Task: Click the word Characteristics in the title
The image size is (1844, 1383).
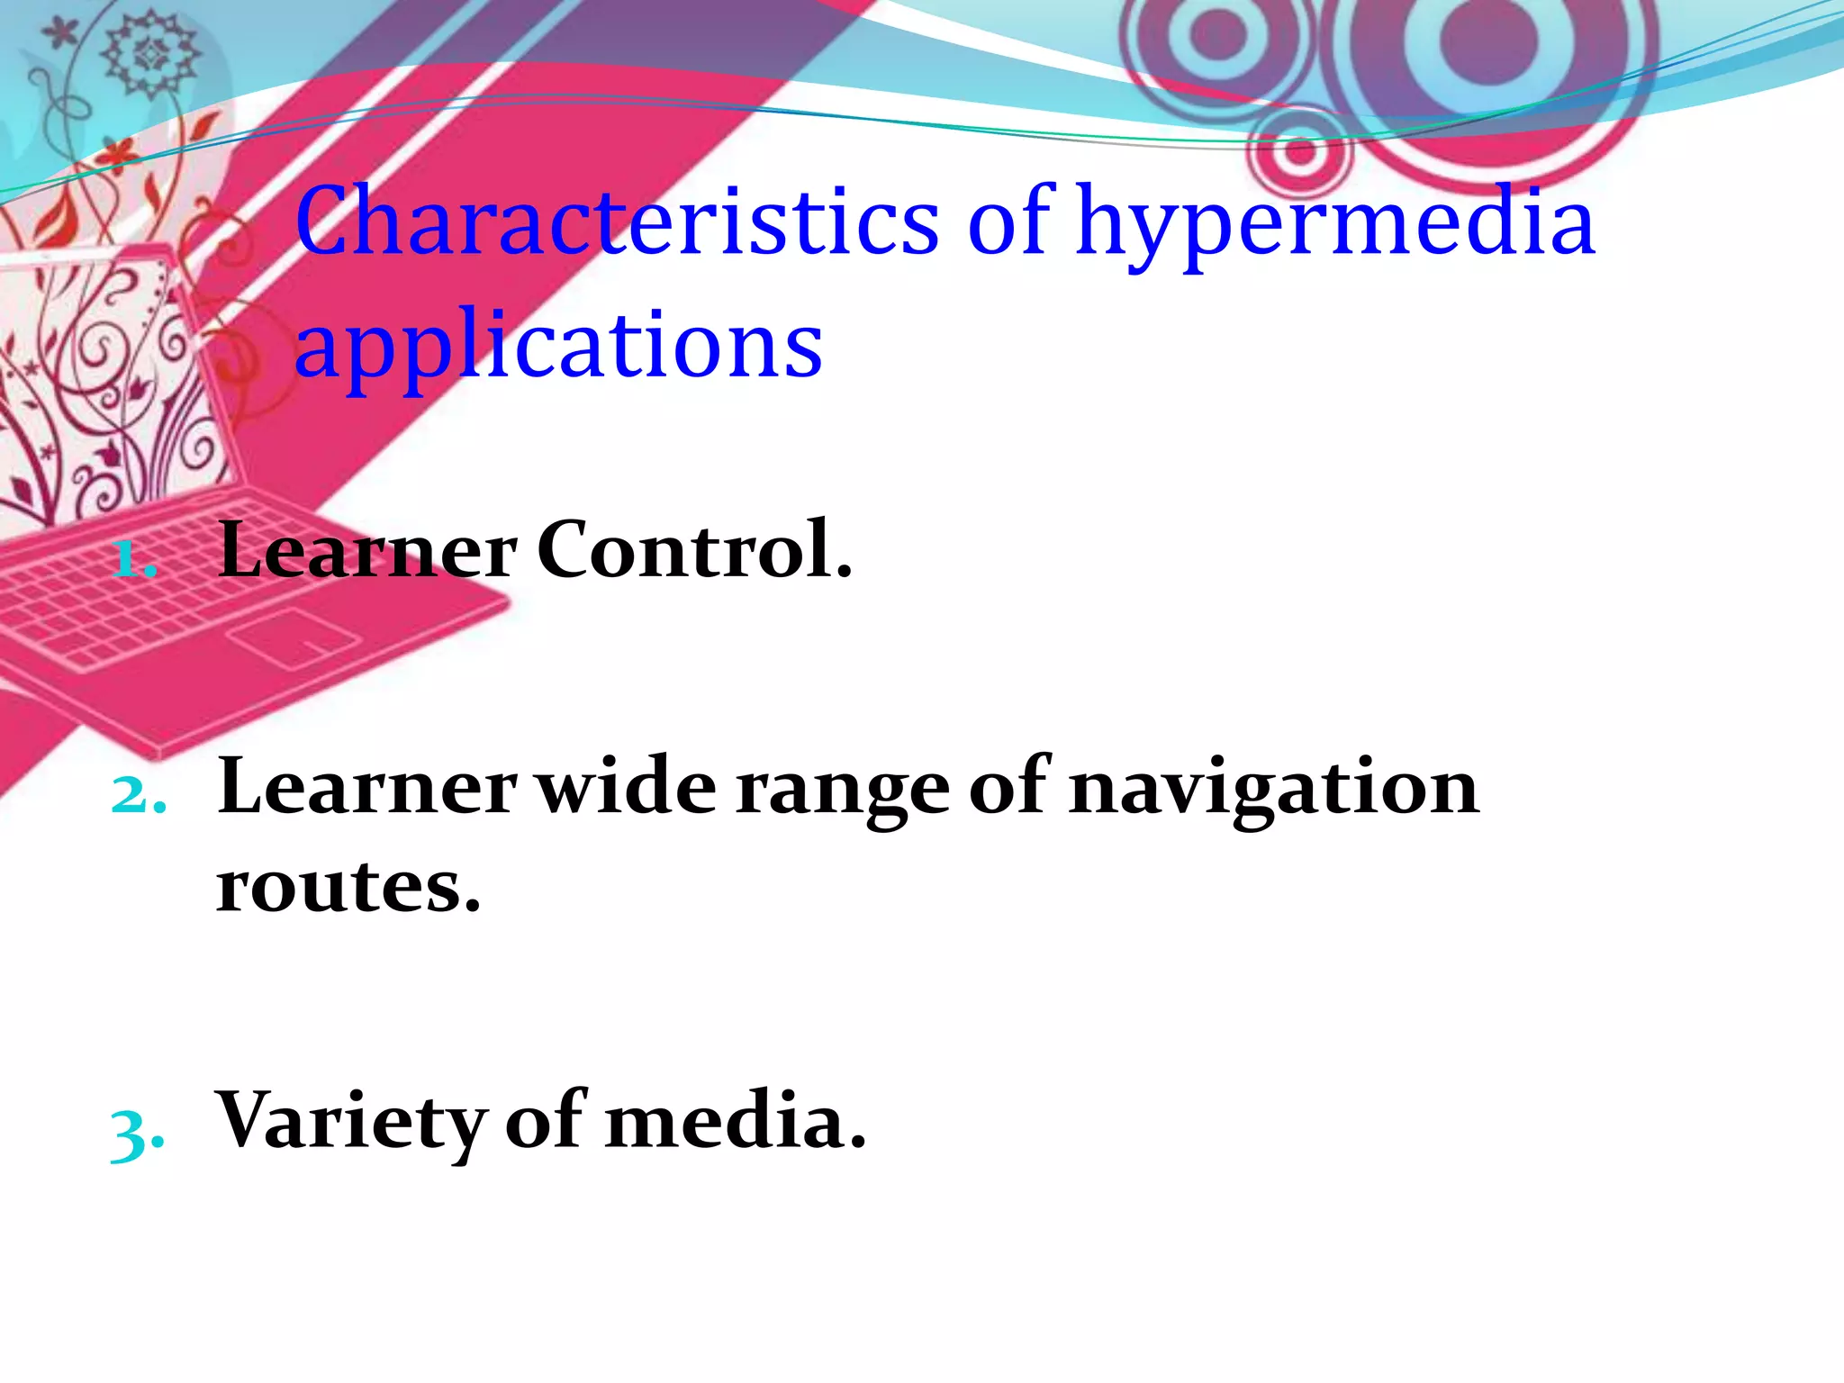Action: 618,221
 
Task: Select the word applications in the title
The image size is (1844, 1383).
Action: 558,348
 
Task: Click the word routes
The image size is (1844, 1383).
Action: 348,886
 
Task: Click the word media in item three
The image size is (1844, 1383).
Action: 735,1122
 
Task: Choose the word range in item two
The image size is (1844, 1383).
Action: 843,791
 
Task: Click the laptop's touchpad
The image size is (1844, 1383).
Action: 294,637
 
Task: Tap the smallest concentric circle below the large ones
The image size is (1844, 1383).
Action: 1297,151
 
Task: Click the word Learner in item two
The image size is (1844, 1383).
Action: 367,787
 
